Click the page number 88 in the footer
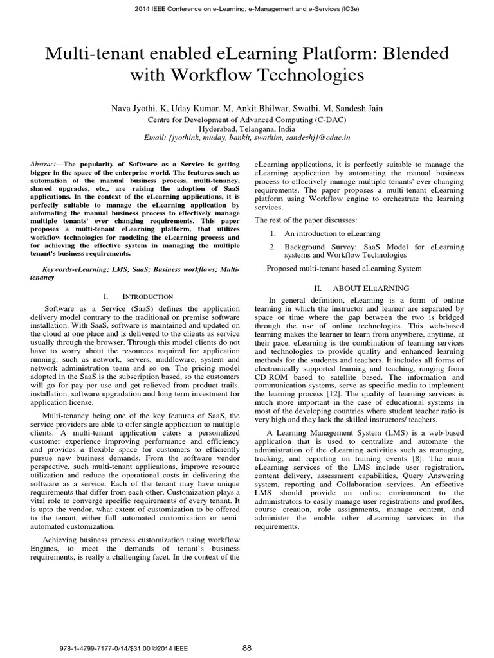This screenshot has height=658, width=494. tap(247, 647)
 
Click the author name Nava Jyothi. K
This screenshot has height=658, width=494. tap(138, 109)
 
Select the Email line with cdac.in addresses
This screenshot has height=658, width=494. tap(247, 137)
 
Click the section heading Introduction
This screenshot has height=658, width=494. tap(147, 296)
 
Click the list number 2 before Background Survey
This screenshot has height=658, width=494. tap(273, 247)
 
